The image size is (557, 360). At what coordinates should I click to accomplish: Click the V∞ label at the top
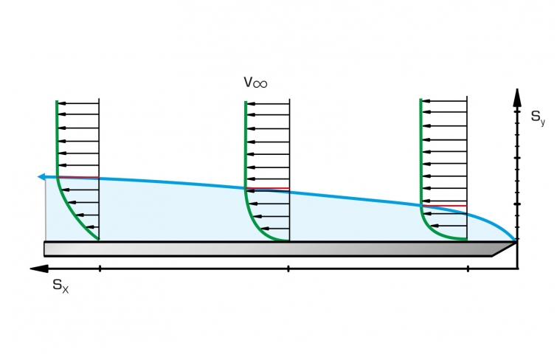255,82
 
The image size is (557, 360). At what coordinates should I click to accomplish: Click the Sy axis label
538,117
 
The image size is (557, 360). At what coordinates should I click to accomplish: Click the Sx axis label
60,286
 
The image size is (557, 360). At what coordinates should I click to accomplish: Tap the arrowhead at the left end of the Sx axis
39,269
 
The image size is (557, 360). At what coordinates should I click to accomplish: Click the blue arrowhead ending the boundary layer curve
41,176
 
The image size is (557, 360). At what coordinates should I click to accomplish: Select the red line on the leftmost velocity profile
77,177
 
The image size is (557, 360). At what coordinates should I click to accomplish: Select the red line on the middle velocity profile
267,188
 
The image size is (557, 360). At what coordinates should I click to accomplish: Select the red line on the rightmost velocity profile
443,206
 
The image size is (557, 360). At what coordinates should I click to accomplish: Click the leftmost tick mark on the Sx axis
100,269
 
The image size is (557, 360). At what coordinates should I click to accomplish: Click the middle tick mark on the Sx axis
288,269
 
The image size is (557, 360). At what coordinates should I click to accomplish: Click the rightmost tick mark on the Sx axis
468,269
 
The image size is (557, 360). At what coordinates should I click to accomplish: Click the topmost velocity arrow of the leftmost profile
78,104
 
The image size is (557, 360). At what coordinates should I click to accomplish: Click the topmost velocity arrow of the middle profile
268,104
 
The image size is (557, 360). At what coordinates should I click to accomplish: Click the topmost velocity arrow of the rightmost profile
444,101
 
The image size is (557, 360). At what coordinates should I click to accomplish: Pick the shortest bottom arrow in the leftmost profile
92,226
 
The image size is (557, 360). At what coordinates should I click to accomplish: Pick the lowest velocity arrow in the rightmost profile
449,226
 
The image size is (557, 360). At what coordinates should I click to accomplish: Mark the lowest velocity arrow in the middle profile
275,229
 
